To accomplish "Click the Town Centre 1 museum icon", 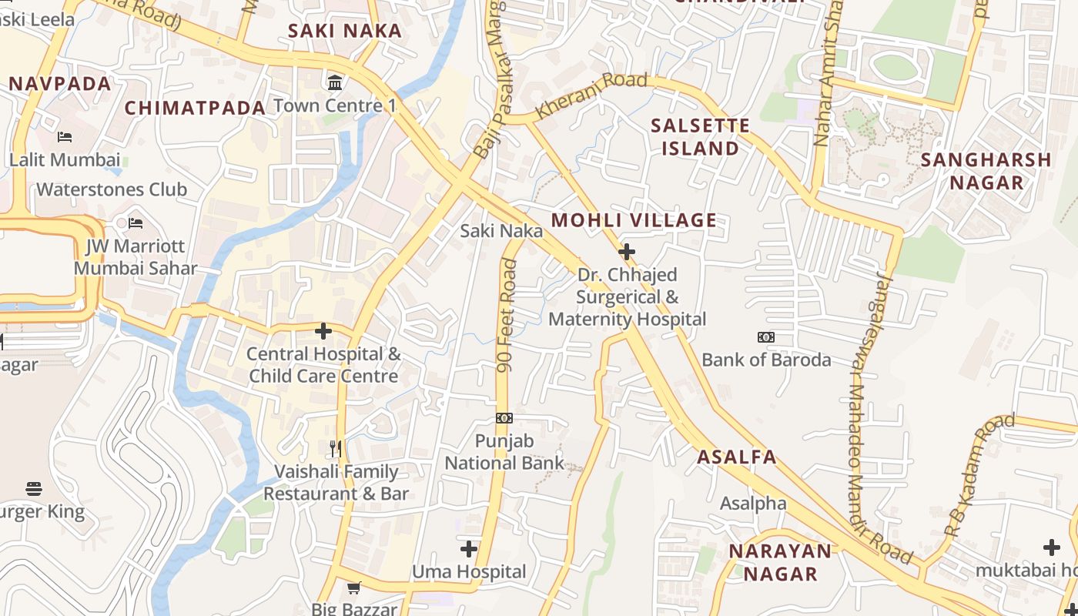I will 336,82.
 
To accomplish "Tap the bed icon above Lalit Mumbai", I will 65,137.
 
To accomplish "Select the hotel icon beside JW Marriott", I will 136,223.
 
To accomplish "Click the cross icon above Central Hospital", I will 323,331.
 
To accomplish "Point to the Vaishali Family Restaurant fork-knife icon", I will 336,448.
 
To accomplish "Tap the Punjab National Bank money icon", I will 504,418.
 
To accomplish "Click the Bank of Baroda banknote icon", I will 766,337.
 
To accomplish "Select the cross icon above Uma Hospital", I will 469,549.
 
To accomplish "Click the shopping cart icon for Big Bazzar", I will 354,588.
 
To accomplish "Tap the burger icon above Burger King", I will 34,489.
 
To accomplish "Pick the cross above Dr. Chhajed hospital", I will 627,252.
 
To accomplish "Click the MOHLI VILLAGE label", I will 634,220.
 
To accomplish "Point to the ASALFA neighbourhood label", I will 737,457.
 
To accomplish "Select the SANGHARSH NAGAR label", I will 986,171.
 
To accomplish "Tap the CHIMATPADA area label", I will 195,108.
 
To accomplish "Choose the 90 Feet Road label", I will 507,316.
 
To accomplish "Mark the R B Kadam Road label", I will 979,475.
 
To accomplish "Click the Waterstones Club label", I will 112,189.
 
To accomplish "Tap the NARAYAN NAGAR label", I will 781,562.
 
